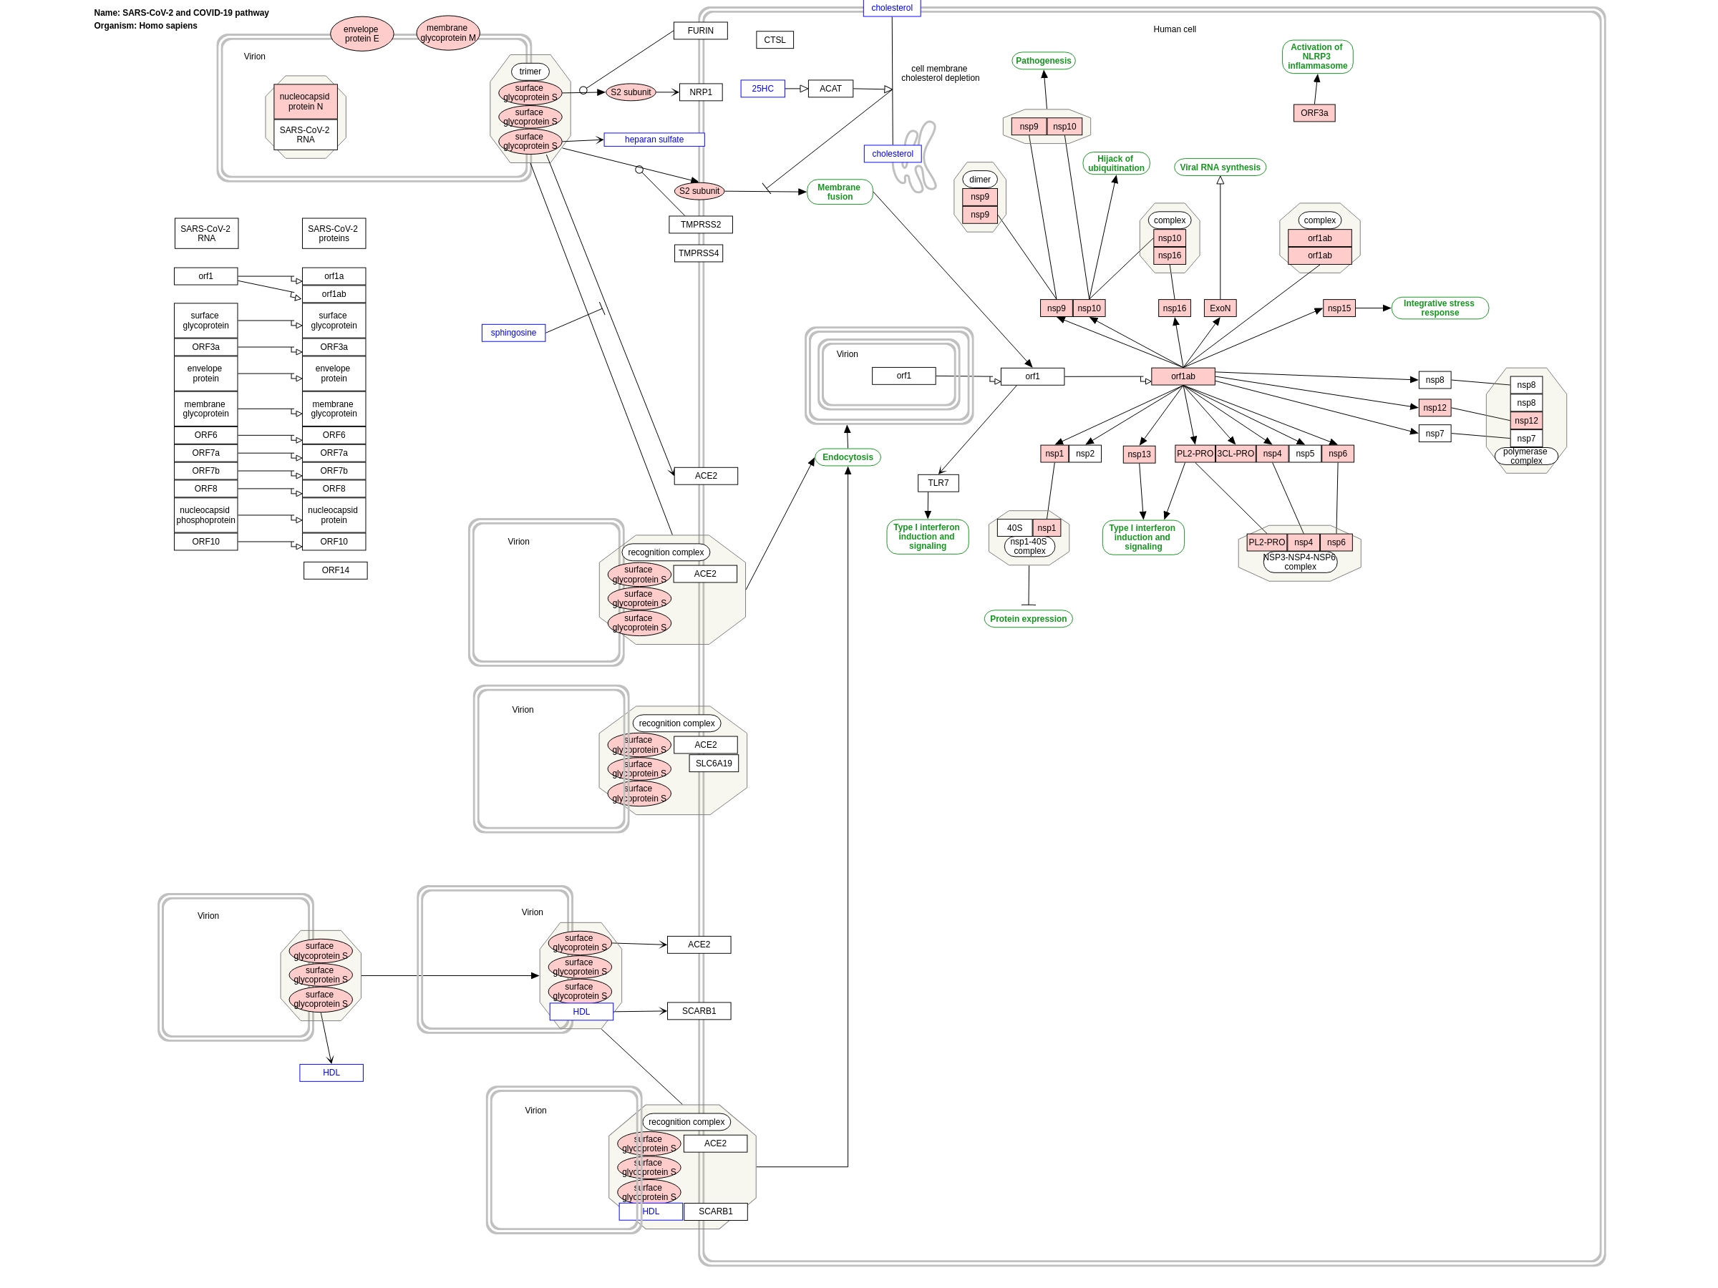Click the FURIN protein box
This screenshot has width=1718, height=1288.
pyautogui.click(x=700, y=31)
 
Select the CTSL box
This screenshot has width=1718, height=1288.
pyautogui.click(x=775, y=40)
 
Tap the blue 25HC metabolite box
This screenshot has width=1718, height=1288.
pyautogui.click(x=762, y=89)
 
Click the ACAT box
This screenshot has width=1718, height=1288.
pyautogui.click(x=830, y=89)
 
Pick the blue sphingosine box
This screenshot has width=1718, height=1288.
pyautogui.click(x=513, y=333)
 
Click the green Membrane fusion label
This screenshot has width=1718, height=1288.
pyautogui.click(x=839, y=192)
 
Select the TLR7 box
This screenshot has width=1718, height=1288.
pyautogui.click(x=938, y=483)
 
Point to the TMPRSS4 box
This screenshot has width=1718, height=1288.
pyautogui.click(x=697, y=253)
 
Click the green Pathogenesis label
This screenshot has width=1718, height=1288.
pyautogui.click(x=1042, y=61)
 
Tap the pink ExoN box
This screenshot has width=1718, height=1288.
pyautogui.click(x=1219, y=308)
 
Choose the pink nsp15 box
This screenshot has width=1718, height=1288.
pyautogui.click(x=1338, y=308)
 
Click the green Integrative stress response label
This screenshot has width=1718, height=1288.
pyautogui.click(x=1439, y=308)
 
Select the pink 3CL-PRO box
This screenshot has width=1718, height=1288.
pyautogui.click(x=1235, y=454)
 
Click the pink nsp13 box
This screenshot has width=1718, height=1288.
pyautogui.click(x=1139, y=454)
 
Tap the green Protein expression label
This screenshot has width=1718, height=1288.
pyautogui.click(x=1027, y=619)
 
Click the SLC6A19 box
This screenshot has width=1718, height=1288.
pyautogui.click(x=713, y=763)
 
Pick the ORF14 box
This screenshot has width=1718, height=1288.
pyautogui.click(x=335, y=570)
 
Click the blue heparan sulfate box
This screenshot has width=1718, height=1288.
pyautogui.click(x=654, y=140)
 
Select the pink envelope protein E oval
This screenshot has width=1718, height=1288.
pyautogui.click(x=361, y=34)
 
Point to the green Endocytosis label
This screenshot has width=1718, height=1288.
pyautogui.click(x=847, y=457)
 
